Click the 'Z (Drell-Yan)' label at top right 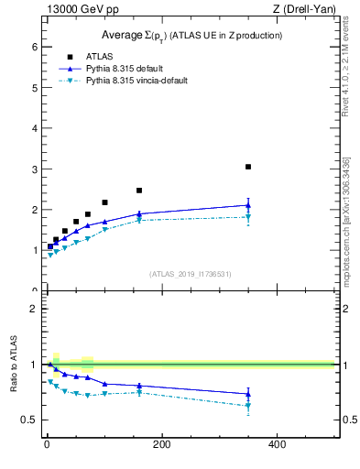[303, 9]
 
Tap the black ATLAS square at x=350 [248, 167]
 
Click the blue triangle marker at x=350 [248, 205]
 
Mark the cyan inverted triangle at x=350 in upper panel [248, 217]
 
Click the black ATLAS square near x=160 [139, 191]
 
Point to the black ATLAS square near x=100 [104, 202]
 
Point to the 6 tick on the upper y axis [34, 47]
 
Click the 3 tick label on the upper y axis [34, 169]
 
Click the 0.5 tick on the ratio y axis [29, 420]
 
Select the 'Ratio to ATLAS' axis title [14, 364]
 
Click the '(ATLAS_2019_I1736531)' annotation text [190, 274]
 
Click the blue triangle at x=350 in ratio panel [248, 394]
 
